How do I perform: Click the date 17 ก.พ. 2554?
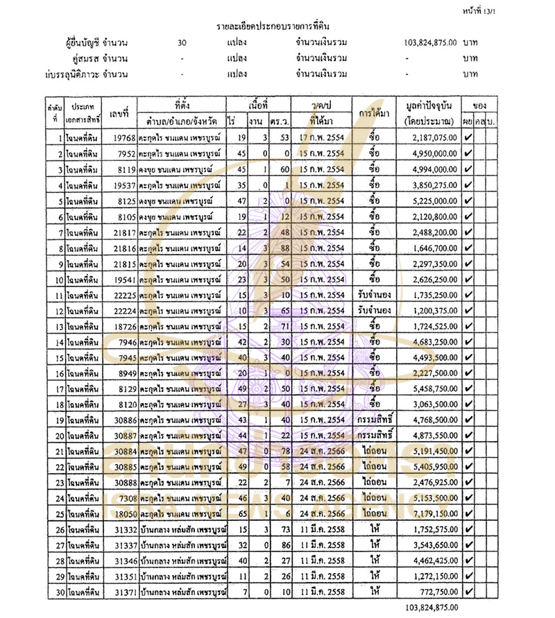[x=323, y=137]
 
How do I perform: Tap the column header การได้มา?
[x=375, y=113]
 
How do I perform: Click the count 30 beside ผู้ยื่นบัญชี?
[x=182, y=42]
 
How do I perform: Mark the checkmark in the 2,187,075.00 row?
[x=468, y=137]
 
